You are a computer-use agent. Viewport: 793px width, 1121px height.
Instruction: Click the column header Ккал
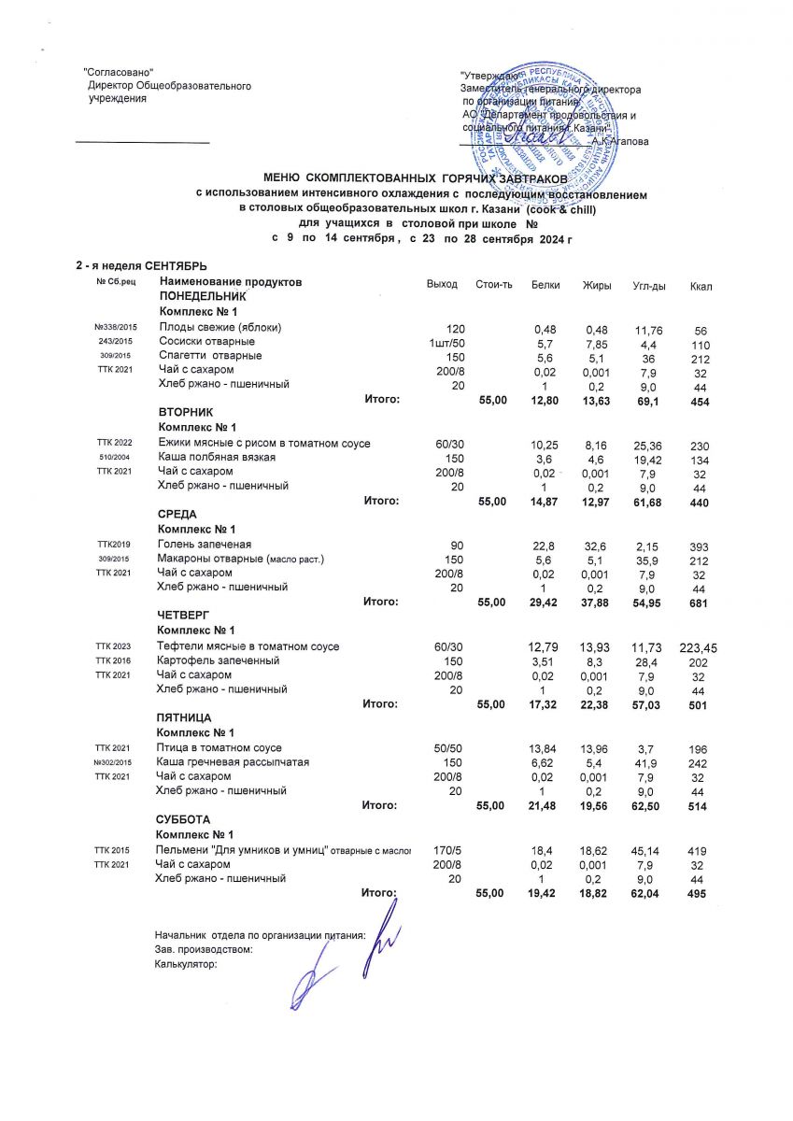701,285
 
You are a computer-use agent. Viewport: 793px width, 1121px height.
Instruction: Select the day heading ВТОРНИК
186,412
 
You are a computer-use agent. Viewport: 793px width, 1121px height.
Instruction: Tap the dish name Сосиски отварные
203,341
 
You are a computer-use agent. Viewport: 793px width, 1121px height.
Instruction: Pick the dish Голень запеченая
205,544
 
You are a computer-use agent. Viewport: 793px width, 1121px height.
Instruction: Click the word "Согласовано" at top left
119,73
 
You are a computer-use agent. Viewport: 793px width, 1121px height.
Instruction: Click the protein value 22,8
544,544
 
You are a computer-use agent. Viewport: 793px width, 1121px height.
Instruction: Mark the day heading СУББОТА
183,818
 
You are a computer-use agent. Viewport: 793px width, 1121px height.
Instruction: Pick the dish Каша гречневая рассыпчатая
234,762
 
